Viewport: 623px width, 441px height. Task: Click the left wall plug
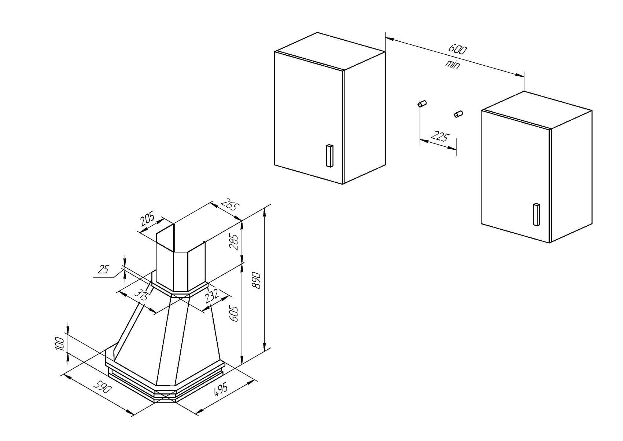tap(422, 104)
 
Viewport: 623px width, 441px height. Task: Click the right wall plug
tap(458, 114)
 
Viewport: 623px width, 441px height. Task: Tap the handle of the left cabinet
tap(329, 156)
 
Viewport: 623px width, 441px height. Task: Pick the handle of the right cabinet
tap(537, 215)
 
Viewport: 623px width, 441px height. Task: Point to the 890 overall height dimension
tap(256, 281)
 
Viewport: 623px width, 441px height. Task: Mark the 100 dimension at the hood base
tap(60, 343)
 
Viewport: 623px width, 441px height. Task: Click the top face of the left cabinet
tap(330, 51)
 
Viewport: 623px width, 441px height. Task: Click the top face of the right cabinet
tap(537, 110)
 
